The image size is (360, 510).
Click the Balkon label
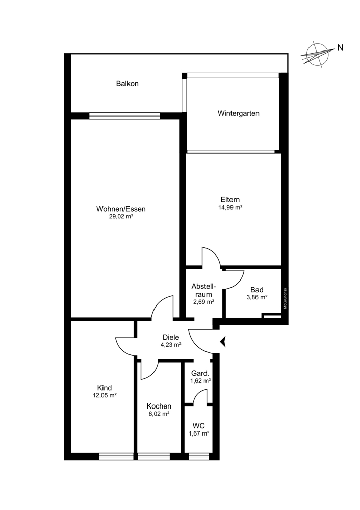[x=127, y=84]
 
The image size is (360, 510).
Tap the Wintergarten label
[x=238, y=114]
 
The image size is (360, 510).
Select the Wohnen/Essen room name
[x=121, y=209]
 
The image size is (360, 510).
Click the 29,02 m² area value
[x=121, y=217]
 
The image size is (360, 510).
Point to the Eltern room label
[x=230, y=200]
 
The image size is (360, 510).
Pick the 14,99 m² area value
[x=230, y=207]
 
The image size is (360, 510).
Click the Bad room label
[x=257, y=290]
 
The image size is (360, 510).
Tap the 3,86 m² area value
[x=257, y=297]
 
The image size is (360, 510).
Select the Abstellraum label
[x=203, y=291]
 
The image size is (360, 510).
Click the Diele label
[x=171, y=338]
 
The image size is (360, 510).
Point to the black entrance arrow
[x=223, y=342]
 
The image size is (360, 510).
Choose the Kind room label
[x=105, y=388]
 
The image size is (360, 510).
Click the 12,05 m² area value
[x=105, y=396]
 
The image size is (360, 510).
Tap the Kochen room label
[x=159, y=406]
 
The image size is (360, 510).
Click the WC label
[x=198, y=426]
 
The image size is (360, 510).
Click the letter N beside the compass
[x=340, y=48]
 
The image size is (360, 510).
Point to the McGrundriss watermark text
[x=285, y=298]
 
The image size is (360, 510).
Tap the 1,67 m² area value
[x=199, y=433]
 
